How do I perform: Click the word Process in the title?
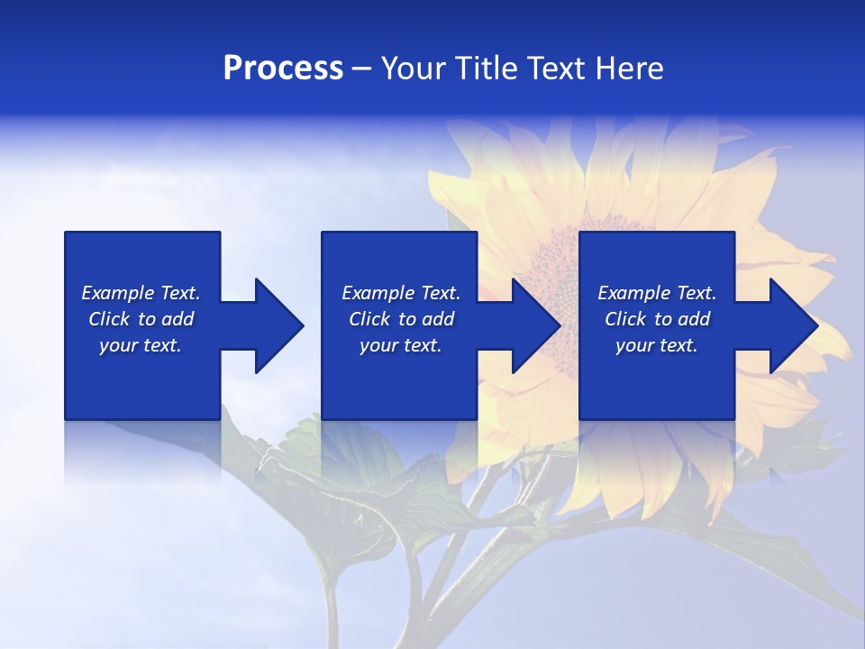pos(283,69)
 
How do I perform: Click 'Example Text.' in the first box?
pos(141,293)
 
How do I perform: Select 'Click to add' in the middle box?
pos(401,319)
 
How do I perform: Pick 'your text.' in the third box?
pos(657,345)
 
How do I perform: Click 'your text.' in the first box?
pos(141,345)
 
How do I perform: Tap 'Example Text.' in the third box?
pos(657,293)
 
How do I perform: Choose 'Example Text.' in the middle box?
pos(401,293)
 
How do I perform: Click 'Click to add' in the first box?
pos(141,319)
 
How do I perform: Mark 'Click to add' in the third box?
pos(657,319)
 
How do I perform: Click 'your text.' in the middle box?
pos(401,345)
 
